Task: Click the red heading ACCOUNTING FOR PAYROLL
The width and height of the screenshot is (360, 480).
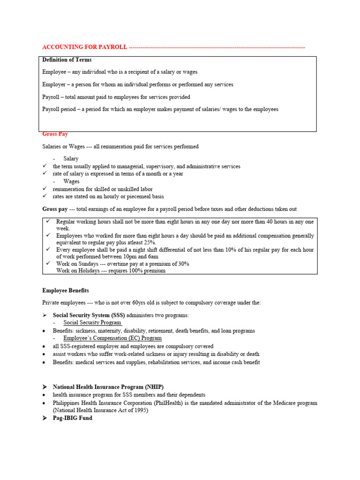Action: click(84, 47)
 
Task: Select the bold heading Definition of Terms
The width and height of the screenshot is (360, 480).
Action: click(67, 60)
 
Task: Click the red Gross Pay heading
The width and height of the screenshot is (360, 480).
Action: click(55, 134)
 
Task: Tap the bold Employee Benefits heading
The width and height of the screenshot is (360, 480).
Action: click(65, 291)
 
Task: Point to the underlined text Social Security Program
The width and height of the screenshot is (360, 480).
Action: click(92, 322)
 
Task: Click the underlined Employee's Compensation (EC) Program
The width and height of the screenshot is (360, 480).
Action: click(112, 338)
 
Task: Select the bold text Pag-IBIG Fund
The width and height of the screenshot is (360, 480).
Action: click(72, 418)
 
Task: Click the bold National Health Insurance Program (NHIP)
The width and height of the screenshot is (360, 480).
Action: click(108, 387)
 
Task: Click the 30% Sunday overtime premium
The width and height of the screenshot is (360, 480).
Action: click(183, 264)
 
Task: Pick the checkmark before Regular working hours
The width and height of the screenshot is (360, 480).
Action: click(48, 221)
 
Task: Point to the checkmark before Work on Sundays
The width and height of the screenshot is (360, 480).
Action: click(48, 264)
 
